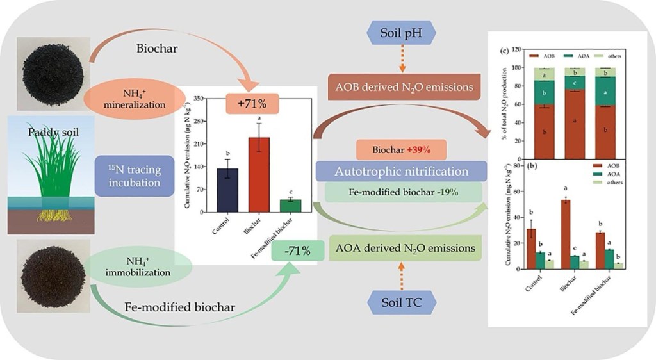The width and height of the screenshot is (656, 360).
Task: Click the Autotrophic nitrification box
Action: point(400,172)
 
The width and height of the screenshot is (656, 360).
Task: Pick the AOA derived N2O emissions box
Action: point(406,247)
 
